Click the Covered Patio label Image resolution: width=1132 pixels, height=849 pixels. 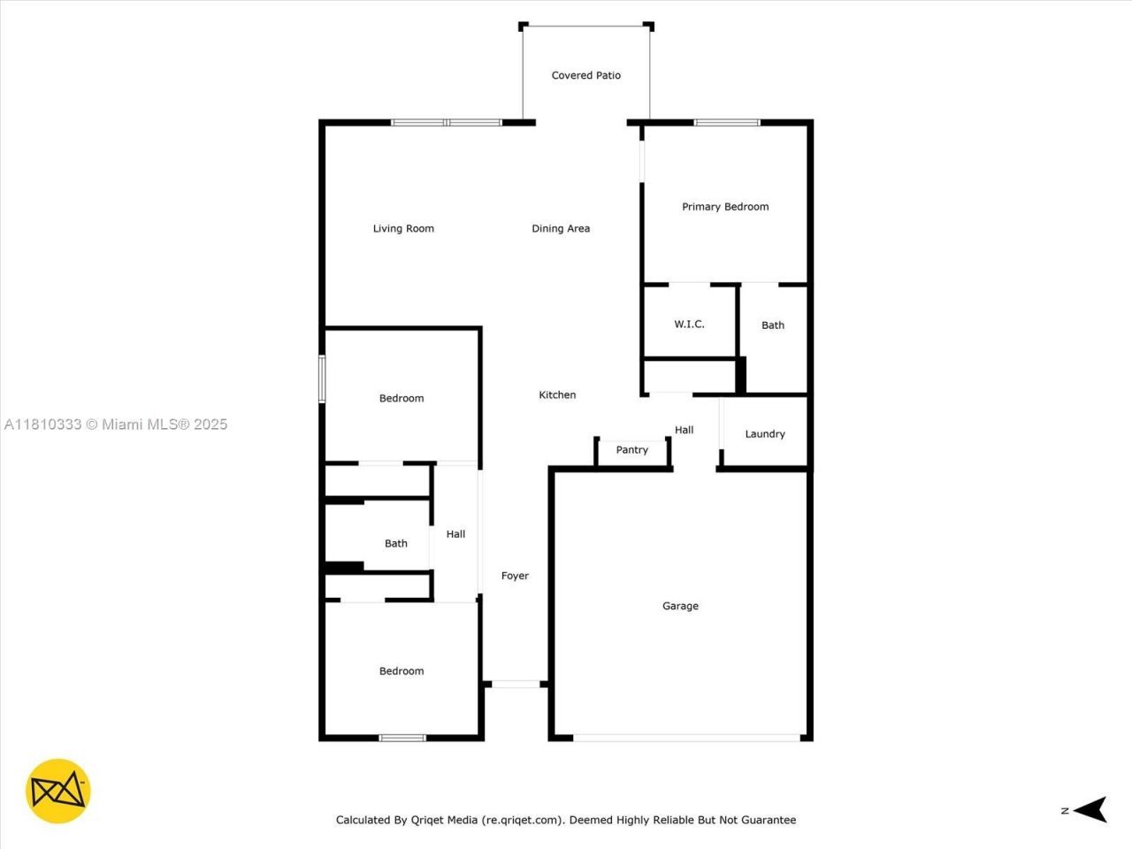(x=585, y=75)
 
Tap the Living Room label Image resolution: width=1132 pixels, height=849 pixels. (x=403, y=228)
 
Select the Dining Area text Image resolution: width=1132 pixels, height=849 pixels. (x=561, y=228)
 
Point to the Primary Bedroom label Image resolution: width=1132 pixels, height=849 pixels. (x=725, y=206)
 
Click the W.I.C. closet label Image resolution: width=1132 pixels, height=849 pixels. (x=689, y=324)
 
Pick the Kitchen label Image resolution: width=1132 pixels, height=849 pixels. (x=557, y=394)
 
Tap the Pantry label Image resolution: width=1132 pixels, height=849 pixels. (x=631, y=449)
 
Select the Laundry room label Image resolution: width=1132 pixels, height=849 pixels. (x=764, y=433)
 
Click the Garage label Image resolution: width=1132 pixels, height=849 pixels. (x=680, y=606)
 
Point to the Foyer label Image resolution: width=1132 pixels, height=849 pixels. (x=515, y=576)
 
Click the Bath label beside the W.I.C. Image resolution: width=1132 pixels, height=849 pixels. (x=773, y=325)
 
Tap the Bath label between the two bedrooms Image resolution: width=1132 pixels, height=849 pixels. (x=395, y=543)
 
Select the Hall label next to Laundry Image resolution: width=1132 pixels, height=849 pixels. (x=684, y=430)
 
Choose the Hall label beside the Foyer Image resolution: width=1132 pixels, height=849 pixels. (x=455, y=533)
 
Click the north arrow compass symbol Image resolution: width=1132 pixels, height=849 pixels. (x=1093, y=809)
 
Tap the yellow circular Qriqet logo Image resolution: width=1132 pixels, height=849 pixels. (x=58, y=791)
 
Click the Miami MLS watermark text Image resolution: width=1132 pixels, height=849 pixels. (x=116, y=424)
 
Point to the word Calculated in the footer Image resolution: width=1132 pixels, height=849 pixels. (x=364, y=820)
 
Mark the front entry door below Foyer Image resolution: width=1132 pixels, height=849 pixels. (x=516, y=684)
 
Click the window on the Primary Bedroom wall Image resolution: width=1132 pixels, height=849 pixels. (x=727, y=122)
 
